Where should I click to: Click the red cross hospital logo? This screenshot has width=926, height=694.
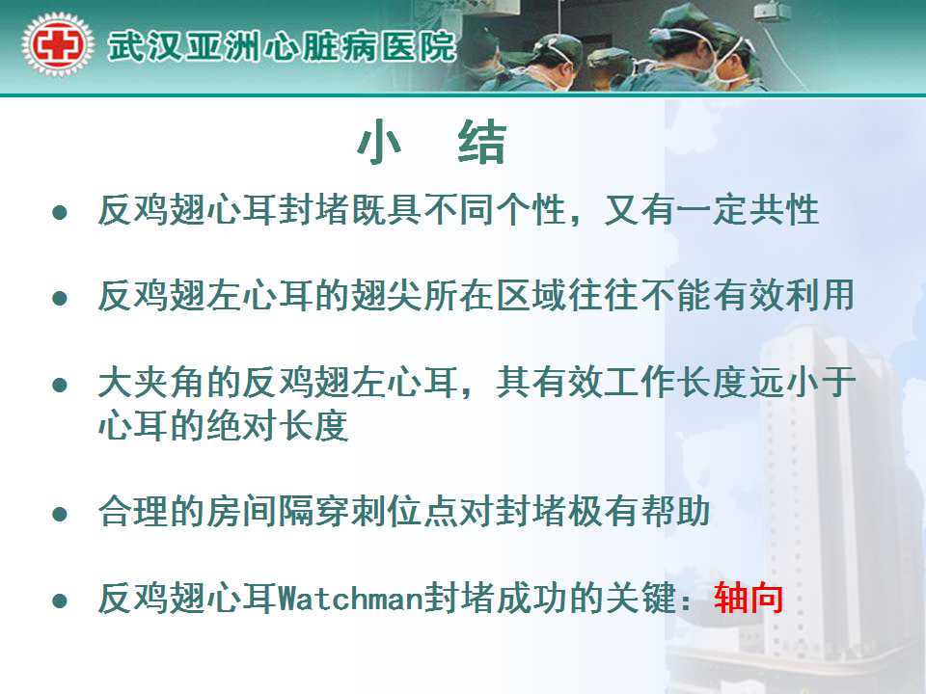coord(57,45)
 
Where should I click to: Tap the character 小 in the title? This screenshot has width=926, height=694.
coord(379,143)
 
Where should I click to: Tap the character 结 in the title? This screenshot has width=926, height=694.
coord(482,143)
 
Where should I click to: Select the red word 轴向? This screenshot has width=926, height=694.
coord(749,599)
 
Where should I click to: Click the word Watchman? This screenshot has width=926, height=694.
coord(350,599)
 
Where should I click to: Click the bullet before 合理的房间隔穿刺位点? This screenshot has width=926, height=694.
coord(60,514)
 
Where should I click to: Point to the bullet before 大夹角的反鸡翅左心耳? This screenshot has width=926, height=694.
coord(60,386)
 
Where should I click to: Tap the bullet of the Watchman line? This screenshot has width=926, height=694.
coord(60,601)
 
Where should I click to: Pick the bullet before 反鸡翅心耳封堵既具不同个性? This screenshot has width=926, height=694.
coord(60,212)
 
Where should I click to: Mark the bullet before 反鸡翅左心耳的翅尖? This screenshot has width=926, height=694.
coord(60,298)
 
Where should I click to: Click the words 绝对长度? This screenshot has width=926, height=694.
coord(277,425)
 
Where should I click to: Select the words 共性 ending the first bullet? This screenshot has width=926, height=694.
coord(783,210)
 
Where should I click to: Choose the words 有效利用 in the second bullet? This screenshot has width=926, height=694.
coord(783,296)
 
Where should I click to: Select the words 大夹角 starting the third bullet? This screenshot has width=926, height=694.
coord(151,383)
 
